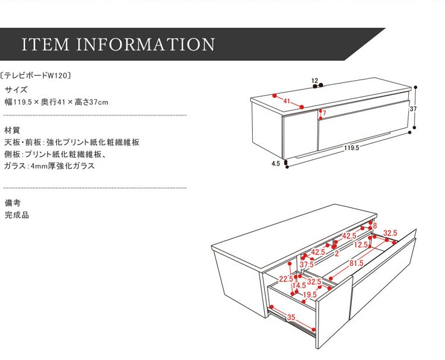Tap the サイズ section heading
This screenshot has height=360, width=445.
[16, 90]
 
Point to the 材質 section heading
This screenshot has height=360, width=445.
[12, 130]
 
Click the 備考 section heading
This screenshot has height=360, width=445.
[12, 203]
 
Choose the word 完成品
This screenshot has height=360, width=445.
[17, 215]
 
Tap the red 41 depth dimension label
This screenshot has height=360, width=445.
[287, 101]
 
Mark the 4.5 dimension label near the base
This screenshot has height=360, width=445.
[276, 164]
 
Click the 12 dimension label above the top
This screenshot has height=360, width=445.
[314, 80]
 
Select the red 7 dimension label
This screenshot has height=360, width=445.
[325, 113]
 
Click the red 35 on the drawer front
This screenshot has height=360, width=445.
[291, 317]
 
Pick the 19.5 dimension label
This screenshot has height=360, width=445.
[310, 295]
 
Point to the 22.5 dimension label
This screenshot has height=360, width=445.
[287, 279]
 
